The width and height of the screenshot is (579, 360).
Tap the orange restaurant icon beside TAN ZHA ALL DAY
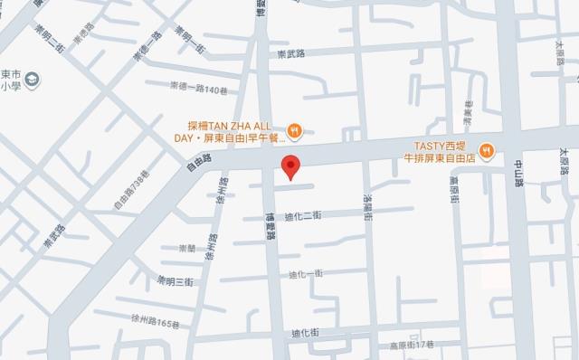click(x=293, y=130)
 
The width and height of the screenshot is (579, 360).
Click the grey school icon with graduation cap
click(x=33, y=80)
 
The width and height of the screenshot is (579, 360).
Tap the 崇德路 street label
click(x=83, y=37)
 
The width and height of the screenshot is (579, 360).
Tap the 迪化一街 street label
click(x=306, y=273)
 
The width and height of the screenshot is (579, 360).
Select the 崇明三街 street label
click(x=176, y=280)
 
